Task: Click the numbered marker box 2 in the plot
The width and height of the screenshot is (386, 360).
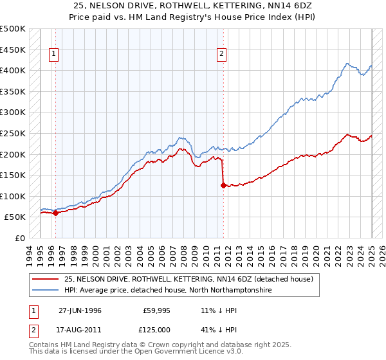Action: [x=221, y=55]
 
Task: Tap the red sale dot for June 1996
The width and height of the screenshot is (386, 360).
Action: [x=55, y=213]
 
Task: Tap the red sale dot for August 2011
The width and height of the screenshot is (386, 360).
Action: [x=223, y=186]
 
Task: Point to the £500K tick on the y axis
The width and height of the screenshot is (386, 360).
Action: [x=13, y=29]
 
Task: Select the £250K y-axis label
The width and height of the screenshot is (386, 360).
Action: [x=13, y=133]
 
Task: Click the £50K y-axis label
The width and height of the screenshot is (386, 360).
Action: [x=15, y=217]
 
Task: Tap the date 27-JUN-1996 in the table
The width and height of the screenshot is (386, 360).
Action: [x=80, y=310]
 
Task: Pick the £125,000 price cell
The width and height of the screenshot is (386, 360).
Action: [x=156, y=330]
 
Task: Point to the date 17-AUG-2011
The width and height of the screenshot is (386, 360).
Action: [x=80, y=330]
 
